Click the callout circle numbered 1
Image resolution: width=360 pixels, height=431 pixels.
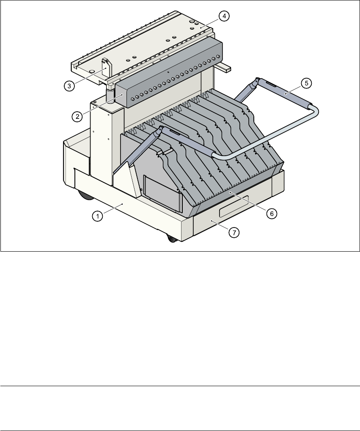click(x=97, y=216)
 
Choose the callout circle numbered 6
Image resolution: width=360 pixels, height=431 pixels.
click(x=271, y=214)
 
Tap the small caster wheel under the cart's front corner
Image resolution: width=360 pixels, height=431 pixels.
click(x=172, y=239)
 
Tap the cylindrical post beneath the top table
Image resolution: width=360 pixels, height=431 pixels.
click(x=110, y=94)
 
